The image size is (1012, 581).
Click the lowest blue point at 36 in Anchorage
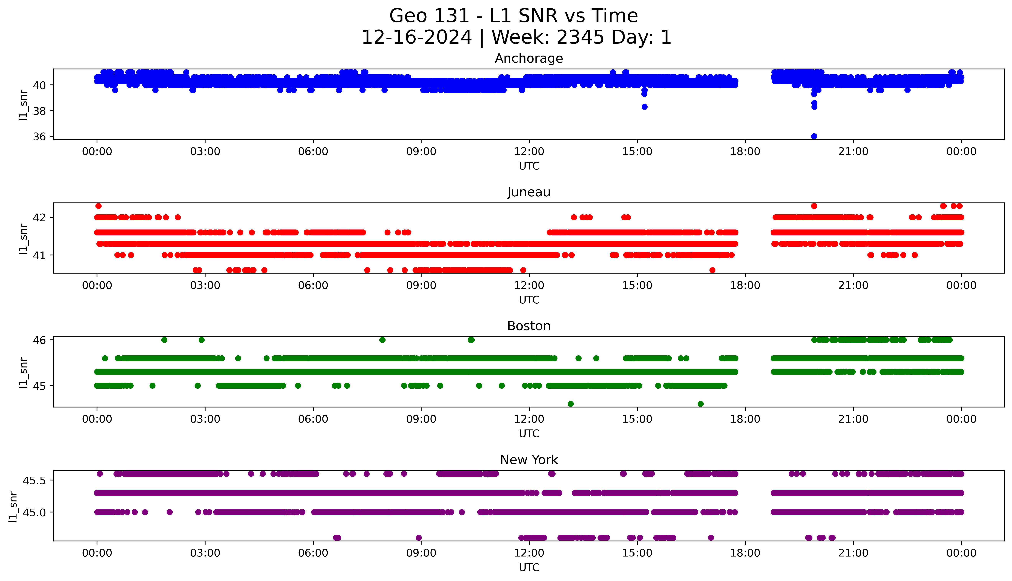pos(814,136)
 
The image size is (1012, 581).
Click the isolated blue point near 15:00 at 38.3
pos(644,107)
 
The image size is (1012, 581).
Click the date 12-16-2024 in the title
pos(416,38)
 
